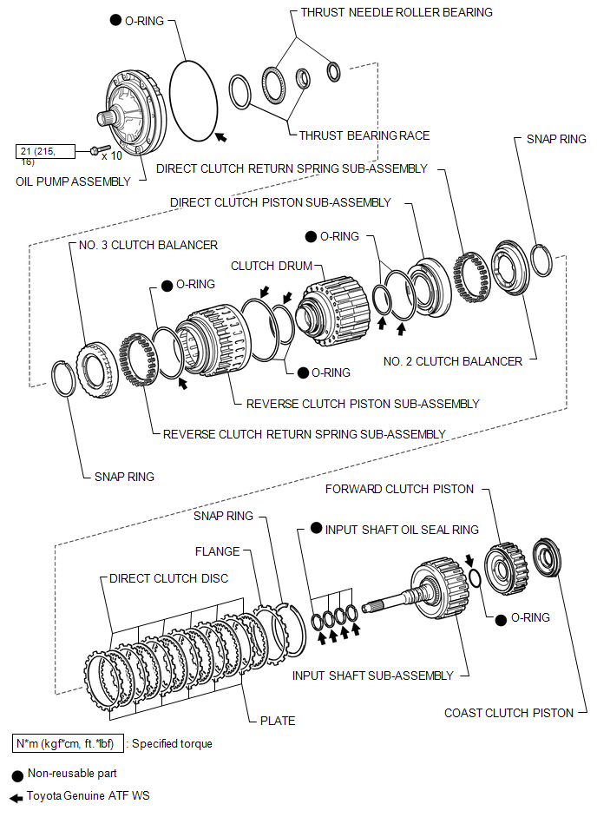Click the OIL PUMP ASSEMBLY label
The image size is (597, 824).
click(73, 181)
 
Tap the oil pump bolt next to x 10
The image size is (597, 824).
click(100, 149)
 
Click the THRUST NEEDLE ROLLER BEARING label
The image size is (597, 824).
click(397, 13)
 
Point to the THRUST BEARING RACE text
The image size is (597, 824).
click(364, 135)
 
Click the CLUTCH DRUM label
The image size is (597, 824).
click(272, 266)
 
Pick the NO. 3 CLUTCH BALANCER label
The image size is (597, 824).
click(148, 245)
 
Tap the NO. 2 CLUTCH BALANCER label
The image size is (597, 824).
click(453, 361)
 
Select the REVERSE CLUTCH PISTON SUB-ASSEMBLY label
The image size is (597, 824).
click(363, 404)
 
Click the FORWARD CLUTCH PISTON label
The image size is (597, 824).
click(399, 489)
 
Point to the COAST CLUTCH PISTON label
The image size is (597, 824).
click(508, 713)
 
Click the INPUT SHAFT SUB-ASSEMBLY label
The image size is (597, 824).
click(373, 676)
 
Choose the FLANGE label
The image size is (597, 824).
click(218, 551)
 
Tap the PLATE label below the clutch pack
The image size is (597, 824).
click(278, 721)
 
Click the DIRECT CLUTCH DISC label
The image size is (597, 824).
click(168, 578)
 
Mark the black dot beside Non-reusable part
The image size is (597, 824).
click(17, 775)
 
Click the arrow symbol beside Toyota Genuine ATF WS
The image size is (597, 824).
click(16, 798)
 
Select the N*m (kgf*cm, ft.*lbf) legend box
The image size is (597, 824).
click(68, 743)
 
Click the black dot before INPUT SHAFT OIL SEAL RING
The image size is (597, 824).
click(316, 528)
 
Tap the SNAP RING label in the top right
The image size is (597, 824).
click(556, 139)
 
